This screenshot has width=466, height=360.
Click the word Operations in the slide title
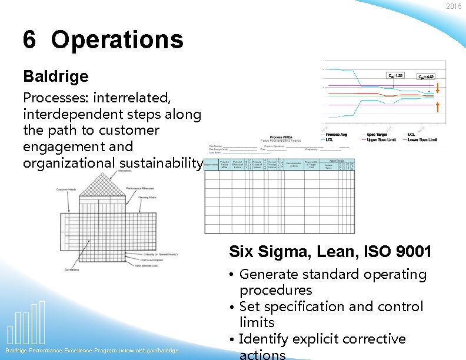click(x=117, y=40)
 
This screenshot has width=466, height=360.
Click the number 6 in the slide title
click(x=29, y=40)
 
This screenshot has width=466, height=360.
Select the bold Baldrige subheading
click(x=56, y=76)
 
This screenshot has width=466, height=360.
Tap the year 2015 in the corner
click(x=454, y=6)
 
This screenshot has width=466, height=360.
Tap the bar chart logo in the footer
click(x=27, y=324)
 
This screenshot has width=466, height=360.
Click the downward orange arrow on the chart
click(x=437, y=88)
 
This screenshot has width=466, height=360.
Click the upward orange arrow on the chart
click(x=437, y=106)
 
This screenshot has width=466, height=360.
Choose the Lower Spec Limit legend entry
click(x=425, y=139)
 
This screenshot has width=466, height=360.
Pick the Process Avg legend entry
click(x=338, y=134)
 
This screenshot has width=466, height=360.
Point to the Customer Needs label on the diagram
click(x=68, y=189)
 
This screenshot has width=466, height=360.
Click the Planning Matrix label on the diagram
click(x=147, y=198)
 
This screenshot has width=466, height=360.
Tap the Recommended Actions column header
click(x=294, y=165)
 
